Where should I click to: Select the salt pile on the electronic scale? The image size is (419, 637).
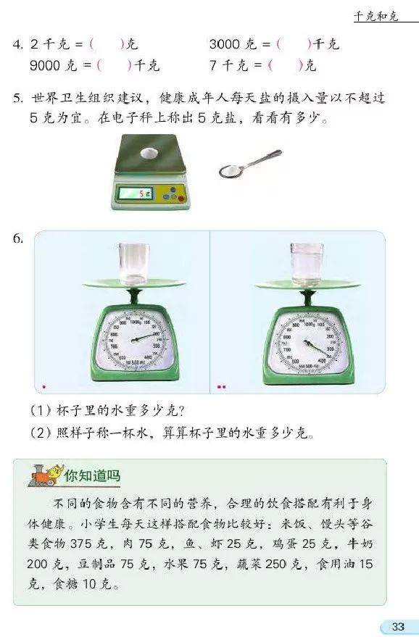pyautogui.click(x=149, y=153)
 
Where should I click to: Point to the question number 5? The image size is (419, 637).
pyautogui.click(x=18, y=98)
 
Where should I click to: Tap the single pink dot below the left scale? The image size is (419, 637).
pyautogui.click(x=44, y=387)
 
